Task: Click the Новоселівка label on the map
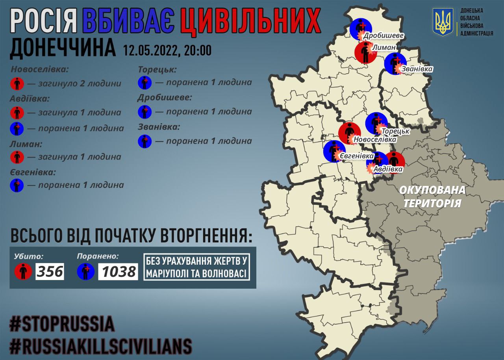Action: click(375, 139)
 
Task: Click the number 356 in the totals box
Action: click(50, 271)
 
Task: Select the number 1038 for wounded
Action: click(118, 271)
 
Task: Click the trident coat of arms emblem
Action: click(443, 22)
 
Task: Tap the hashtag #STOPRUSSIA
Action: click(62, 324)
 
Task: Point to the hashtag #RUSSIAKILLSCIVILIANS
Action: click(101, 346)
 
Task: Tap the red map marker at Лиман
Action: click(365, 53)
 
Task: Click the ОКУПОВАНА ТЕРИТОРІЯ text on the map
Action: click(432, 196)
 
